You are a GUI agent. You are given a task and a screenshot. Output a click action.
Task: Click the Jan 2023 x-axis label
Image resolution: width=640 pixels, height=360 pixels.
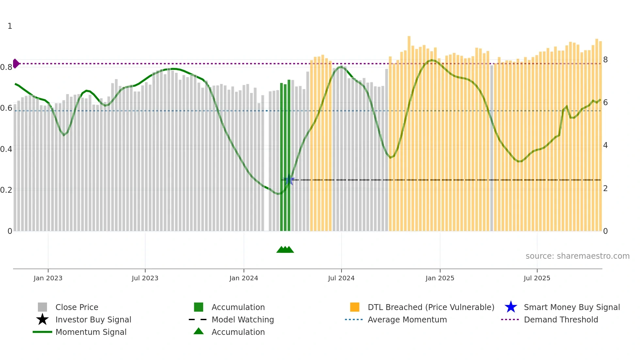(x=48, y=278)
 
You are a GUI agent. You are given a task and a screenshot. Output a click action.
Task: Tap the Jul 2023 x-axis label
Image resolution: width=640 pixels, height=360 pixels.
(x=145, y=278)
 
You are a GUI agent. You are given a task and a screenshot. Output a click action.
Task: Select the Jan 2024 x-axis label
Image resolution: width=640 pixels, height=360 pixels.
(x=244, y=278)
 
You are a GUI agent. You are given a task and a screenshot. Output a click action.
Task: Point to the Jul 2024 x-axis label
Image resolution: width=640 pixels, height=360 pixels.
(x=341, y=278)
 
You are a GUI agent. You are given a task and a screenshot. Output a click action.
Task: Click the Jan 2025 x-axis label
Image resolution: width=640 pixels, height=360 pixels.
(x=440, y=278)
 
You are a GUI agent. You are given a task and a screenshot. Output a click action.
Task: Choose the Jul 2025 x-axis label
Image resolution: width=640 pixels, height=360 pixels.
(x=537, y=278)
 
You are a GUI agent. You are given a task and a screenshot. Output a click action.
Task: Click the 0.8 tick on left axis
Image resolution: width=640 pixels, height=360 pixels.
(x=6, y=67)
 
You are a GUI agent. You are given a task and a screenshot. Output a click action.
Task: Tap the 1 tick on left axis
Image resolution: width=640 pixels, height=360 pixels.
(x=10, y=26)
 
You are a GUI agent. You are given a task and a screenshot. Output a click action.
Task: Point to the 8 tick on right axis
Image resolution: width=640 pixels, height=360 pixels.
(x=605, y=60)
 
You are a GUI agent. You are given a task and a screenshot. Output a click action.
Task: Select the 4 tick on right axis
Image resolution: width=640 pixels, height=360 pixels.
(x=605, y=145)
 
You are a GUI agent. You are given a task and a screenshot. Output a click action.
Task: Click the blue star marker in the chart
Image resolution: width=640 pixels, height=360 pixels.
(x=289, y=180)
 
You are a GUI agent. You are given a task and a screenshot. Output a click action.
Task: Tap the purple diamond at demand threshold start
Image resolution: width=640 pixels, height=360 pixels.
(x=16, y=63)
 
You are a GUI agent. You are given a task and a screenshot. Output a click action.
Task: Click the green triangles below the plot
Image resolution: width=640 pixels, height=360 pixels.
(x=285, y=250)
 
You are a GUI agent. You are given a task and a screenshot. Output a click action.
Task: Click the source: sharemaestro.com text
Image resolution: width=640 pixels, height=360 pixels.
(x=577, y=256)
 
